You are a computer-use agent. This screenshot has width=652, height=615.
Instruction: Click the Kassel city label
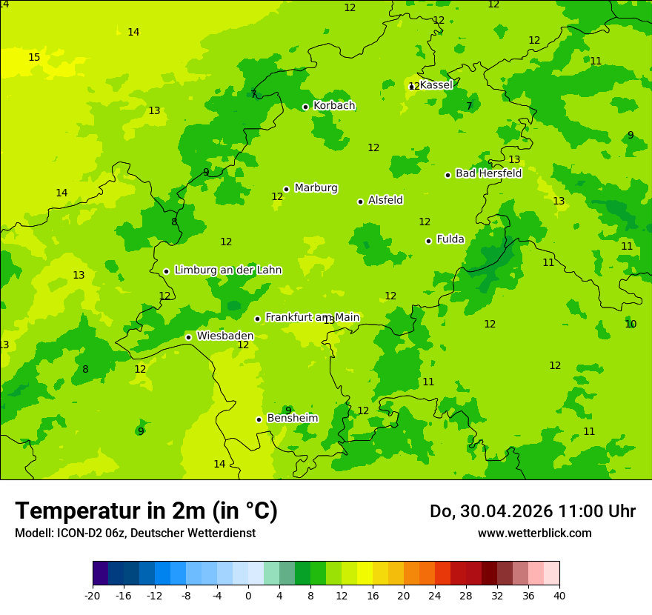coord(436,85)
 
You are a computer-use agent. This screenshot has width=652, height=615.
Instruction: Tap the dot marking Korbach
coord(305,107)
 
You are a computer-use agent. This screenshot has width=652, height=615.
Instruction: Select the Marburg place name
coord(316,188)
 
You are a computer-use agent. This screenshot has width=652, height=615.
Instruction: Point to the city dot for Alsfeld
coord(360,202)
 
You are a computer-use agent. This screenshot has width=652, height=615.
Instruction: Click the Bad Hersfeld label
coord(488,173)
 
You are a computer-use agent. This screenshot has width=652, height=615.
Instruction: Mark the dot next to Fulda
coord(428,241)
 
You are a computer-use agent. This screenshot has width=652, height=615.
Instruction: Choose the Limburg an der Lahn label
coord(227,270)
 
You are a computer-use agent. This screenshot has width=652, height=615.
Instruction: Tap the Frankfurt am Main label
coord(312,317)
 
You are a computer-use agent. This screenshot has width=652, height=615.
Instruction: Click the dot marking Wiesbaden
coord(188,337)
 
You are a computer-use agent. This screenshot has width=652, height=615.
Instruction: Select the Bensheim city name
coord(292,418)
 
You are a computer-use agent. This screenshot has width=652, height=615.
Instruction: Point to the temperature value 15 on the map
coord(34,57)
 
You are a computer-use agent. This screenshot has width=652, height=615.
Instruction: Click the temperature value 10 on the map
coord(631,324)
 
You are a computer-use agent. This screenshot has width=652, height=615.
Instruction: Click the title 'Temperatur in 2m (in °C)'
coord(146,511)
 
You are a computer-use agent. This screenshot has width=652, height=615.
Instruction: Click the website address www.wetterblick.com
coord(534,533)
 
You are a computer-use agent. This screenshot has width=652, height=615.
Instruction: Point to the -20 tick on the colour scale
coord(93,595)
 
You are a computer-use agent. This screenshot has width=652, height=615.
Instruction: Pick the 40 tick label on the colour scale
coord(559,595)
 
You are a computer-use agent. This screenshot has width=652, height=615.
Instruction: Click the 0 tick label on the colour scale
coord(248,595)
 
